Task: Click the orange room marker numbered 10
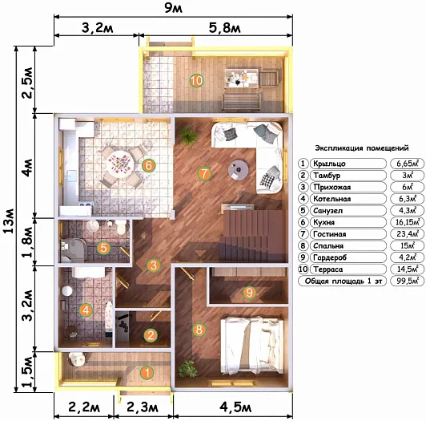(196, 80)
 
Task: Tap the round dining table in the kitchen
(119, 164)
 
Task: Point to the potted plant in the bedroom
(187, 369)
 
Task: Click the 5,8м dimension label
(225, 28)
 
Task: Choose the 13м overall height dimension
(9, 221)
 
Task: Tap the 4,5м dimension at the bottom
(235, 407)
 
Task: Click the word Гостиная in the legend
(329, 234)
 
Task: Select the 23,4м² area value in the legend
(408, 234)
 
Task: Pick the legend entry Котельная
(332, 199)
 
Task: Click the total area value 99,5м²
(408, 281)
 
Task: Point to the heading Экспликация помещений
(362, 148)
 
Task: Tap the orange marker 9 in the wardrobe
(249, 292)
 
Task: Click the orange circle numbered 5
(103, 248)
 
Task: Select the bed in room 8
(252, 346)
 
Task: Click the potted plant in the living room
(188, 135)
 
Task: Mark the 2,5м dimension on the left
(28, 83)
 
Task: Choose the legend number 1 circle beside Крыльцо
(303, 164)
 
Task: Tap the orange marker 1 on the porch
(147, 373)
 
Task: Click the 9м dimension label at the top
(174, 8)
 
